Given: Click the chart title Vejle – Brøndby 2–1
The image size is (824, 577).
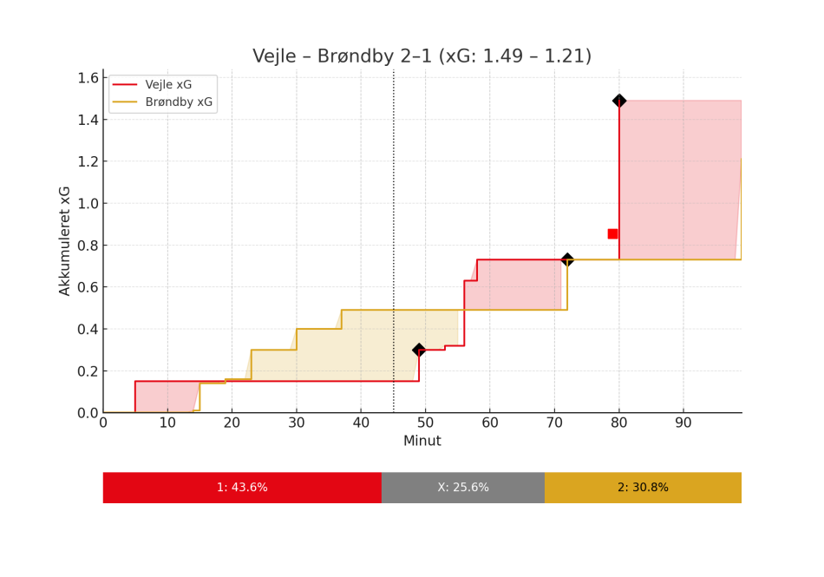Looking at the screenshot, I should pyautogui.click(x=422, y=56).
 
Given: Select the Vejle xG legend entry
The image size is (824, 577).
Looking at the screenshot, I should pyautogui.click(x=169, y=85).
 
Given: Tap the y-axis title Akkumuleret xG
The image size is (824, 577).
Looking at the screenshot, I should pyautogui.click(x=65, y=240).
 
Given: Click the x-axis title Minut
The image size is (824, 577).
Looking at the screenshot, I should pyautogui.click(x=422, y=441).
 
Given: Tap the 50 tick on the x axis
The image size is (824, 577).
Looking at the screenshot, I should pyautogui.click(x=426, y=423).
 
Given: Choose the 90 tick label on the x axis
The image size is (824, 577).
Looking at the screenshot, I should pyautogui.click(x=683, y=423).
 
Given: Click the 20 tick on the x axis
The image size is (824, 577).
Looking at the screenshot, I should pyautogui.click(x=232, y=423).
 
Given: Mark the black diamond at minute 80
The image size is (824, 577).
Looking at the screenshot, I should pyautogui.click(x=619, y=101).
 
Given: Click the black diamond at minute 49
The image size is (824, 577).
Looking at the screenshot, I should pyautogui.click(x=419, y=350).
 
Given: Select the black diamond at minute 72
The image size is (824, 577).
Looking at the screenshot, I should pyautogui.click(x=567, y=259).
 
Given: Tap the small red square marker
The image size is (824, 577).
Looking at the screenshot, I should pyautogui.click(x=612, y=233).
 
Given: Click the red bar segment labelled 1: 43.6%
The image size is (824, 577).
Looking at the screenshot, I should pyautogui.click(x=242, y=488).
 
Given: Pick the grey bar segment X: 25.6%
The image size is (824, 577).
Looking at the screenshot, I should pyautogui.click(x=463, y=488).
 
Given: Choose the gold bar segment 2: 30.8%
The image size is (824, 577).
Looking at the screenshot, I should pyautogui.click(x=643, y=488).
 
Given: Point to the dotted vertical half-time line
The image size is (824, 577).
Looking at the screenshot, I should pyautogui.click(x=394, y=217).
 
